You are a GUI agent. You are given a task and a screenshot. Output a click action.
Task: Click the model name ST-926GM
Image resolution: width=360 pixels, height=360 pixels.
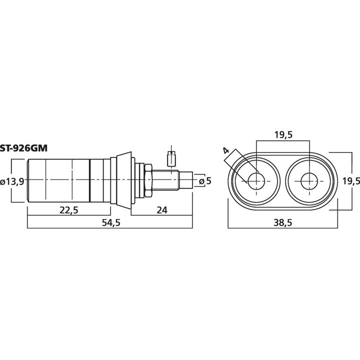24,148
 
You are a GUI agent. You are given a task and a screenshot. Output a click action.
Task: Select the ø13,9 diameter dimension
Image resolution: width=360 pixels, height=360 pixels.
12,182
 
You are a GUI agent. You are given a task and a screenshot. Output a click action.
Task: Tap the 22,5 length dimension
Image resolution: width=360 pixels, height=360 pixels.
69,210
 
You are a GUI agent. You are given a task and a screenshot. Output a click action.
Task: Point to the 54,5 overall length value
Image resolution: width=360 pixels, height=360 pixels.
111,222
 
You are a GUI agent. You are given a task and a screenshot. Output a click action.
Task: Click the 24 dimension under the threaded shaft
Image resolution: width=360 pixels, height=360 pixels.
162,210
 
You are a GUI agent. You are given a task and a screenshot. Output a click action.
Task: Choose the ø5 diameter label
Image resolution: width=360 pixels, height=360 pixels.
205,181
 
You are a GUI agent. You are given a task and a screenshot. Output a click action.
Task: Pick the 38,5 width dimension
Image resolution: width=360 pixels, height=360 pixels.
283,222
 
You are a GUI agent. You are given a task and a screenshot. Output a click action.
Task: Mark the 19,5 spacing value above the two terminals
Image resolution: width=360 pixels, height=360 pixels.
283,135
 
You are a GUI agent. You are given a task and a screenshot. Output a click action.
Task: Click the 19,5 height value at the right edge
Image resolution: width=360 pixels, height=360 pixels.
351,181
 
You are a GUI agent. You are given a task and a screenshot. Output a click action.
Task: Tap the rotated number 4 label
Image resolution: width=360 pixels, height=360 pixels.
226,150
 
